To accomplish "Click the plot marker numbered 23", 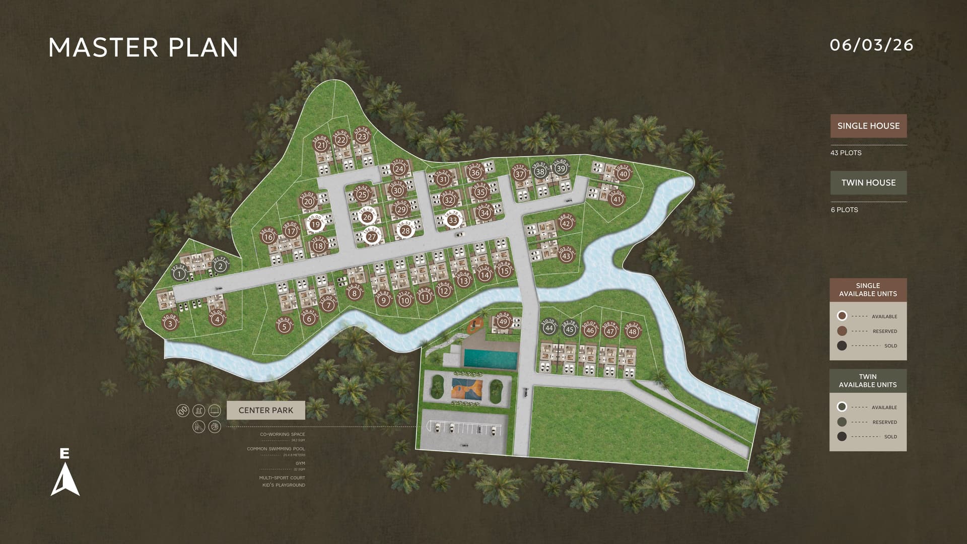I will point(362,137).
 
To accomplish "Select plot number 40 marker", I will point(623,174).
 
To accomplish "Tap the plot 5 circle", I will point(285,327).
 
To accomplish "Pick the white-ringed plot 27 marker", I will point(372,237).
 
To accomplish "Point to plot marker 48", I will point(633,331).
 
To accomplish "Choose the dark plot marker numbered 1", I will point(178,275).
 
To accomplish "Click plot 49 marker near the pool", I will point(503,322).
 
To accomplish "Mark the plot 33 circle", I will point(453,220).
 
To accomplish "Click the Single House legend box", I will point(868,126).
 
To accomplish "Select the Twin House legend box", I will point(868,183).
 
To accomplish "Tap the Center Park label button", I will point(265,410).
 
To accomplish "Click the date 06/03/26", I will point(871,45).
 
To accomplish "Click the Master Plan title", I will point(144,47).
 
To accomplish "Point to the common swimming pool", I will point(490,359).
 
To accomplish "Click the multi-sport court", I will point(467,390).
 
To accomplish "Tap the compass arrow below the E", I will point(65,480).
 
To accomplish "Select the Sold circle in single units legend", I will point(842,346).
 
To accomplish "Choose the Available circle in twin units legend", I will point(842,407).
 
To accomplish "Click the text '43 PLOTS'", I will point(846,153).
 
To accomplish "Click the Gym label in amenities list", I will point(300,463).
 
